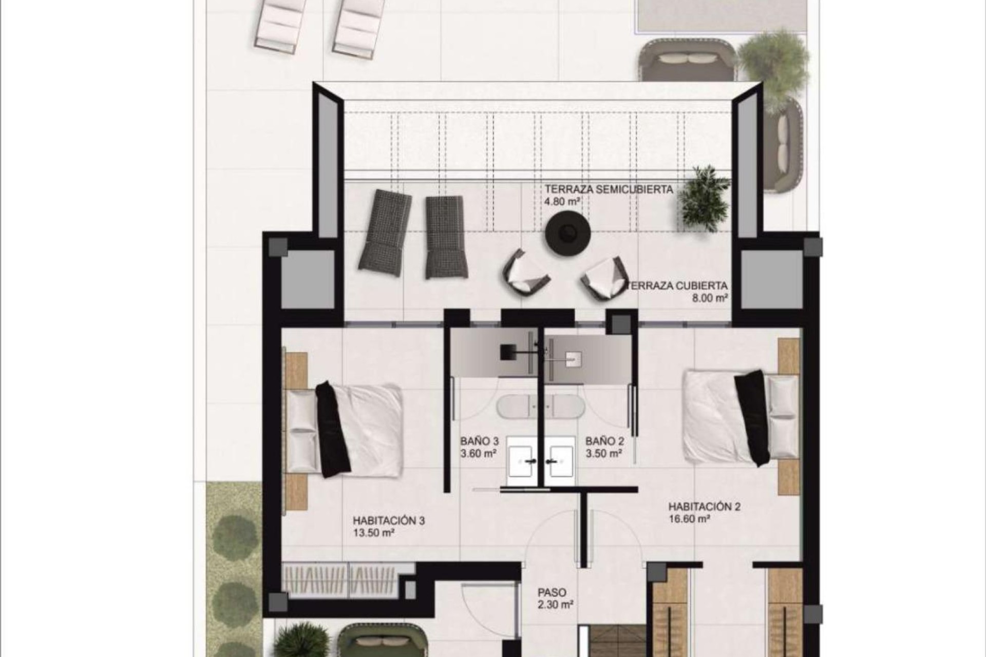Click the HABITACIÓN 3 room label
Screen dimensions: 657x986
[x=388, y=520]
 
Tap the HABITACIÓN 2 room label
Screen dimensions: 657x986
[x=704, y=507]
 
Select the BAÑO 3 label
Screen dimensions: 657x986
[x=479, y=441]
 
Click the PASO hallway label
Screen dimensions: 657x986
[x=552, y=593]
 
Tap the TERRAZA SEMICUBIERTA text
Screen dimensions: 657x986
[x=609, y=189]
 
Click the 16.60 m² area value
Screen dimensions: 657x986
[x=689, y=519]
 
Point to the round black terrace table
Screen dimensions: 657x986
[x=567, y=234]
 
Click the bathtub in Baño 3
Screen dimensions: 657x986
[x=519, y=408]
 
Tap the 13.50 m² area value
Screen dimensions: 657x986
[x=373, y=533]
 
